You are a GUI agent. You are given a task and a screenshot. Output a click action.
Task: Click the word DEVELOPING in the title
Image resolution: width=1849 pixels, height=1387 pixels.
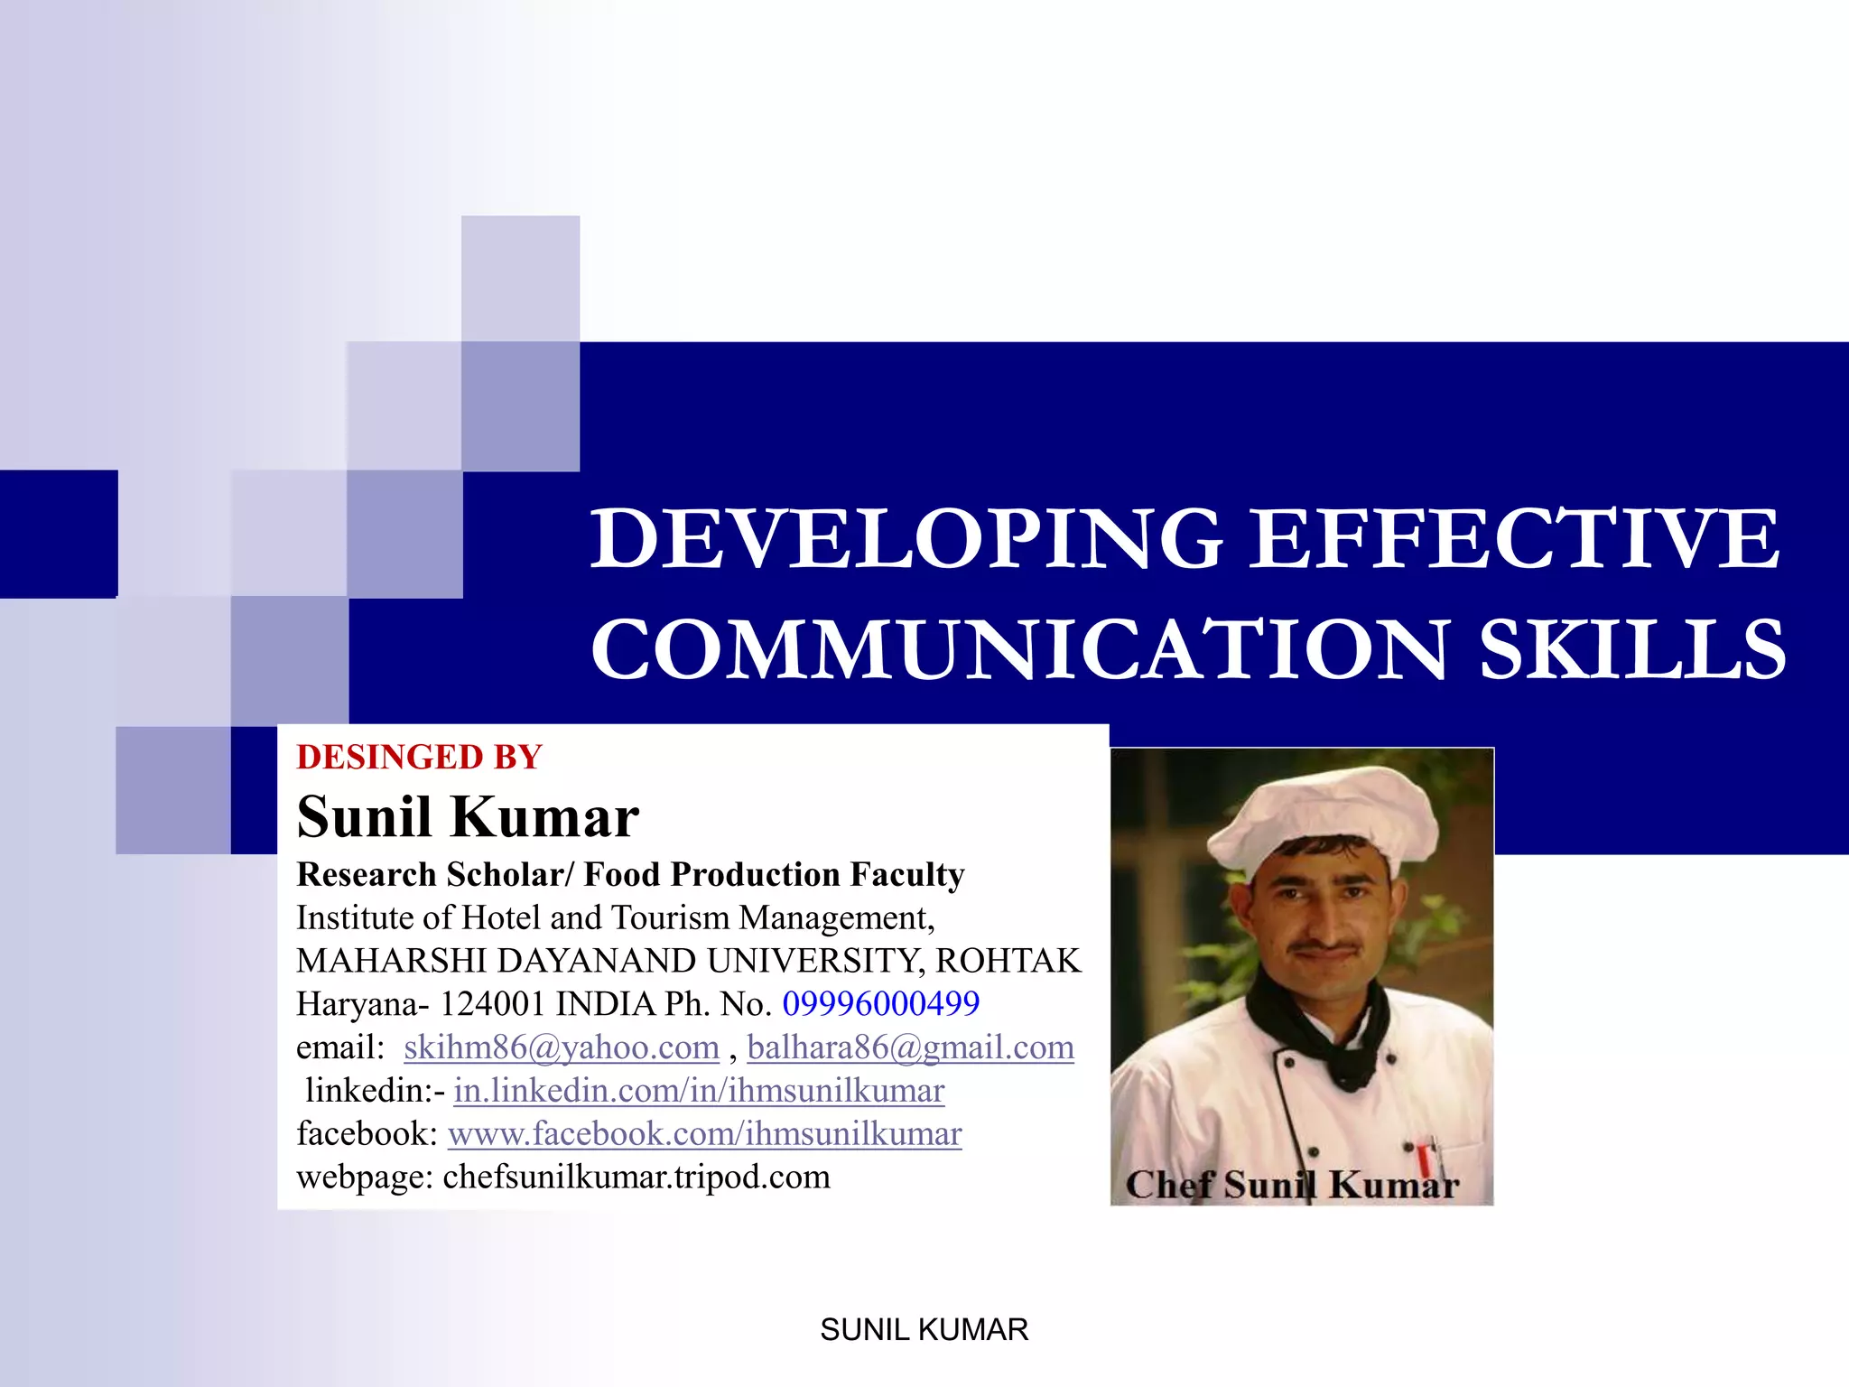pos(906,539)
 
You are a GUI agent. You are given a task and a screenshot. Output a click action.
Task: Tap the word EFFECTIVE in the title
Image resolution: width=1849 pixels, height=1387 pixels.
pos(1515,539)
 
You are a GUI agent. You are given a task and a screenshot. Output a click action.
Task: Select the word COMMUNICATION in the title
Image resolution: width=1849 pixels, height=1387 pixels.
pos(1020,649)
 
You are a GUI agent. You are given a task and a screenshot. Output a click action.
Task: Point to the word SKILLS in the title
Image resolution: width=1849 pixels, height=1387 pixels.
pos(1632,649)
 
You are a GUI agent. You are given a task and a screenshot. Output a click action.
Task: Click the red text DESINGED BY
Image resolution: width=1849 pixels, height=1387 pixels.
pos(419,758)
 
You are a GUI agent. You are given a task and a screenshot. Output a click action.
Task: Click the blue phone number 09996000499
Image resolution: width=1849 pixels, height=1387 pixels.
pos(880,1004)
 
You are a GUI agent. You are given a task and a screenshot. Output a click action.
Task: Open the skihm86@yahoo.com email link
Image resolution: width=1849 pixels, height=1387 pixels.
pos(561,1047)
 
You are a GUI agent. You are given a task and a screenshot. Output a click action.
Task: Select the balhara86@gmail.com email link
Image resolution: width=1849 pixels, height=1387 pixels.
pos(910,1047)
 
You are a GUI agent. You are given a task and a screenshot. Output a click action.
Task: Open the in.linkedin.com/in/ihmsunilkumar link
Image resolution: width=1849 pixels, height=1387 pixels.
pos(699,1091)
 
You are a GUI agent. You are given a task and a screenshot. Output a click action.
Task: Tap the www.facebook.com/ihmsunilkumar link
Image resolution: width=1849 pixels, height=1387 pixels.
pos(704,1134)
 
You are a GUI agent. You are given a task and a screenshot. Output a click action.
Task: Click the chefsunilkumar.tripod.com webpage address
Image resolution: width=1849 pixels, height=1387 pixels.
pos(636,1178)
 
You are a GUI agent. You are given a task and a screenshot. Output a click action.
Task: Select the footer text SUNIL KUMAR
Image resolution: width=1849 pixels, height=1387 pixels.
pos(924,1330)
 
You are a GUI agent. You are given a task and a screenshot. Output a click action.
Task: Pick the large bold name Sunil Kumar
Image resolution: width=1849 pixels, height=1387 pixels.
pos(468,817)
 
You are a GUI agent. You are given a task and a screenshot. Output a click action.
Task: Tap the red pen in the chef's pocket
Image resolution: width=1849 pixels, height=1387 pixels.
pos(1424,1159)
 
